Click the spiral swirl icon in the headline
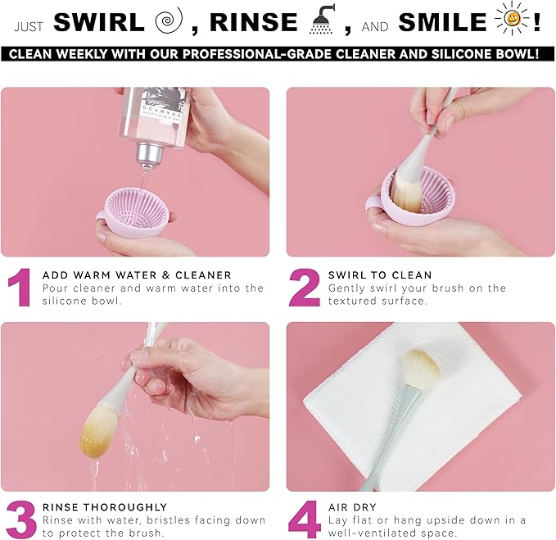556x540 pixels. click(x=170, y=20)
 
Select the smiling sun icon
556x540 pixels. click(x=511, y=19)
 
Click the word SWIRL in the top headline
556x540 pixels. click(x=99, y=22)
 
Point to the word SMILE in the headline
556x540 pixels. click(x=442, y=22)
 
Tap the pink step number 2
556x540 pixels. click(x=305, y=288)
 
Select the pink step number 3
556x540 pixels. click(x=21, y=520)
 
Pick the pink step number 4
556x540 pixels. click(x=305, y=520)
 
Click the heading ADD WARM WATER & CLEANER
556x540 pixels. click(x=137, y=275)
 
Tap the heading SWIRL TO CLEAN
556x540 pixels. click(x=380, y=275)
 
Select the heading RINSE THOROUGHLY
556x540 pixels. click(x=105, y=507)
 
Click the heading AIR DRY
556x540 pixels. click(x=352, y=507)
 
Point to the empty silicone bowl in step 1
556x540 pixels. click(x=137, y=212)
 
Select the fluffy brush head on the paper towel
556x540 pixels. click(x=421, y=368)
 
